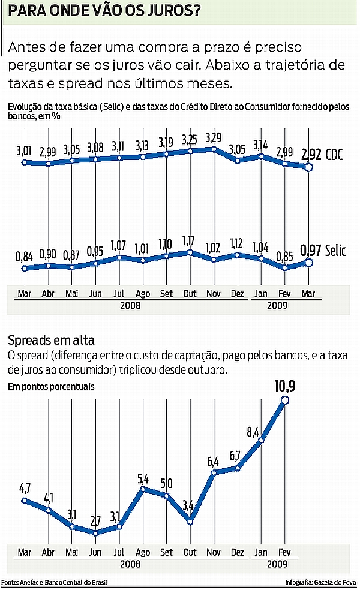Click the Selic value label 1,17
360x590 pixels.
tap(190, 242)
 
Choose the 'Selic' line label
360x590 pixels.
tap(337, 251)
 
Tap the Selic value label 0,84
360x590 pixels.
tap(24, 257)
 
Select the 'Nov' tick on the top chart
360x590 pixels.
tap(213, 294)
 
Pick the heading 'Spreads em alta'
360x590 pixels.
tap(51, 341)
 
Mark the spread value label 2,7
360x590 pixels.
tap(95, 519)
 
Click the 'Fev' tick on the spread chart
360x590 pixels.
tap(284, 552)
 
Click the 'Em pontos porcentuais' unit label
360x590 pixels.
tap(51, 386)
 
